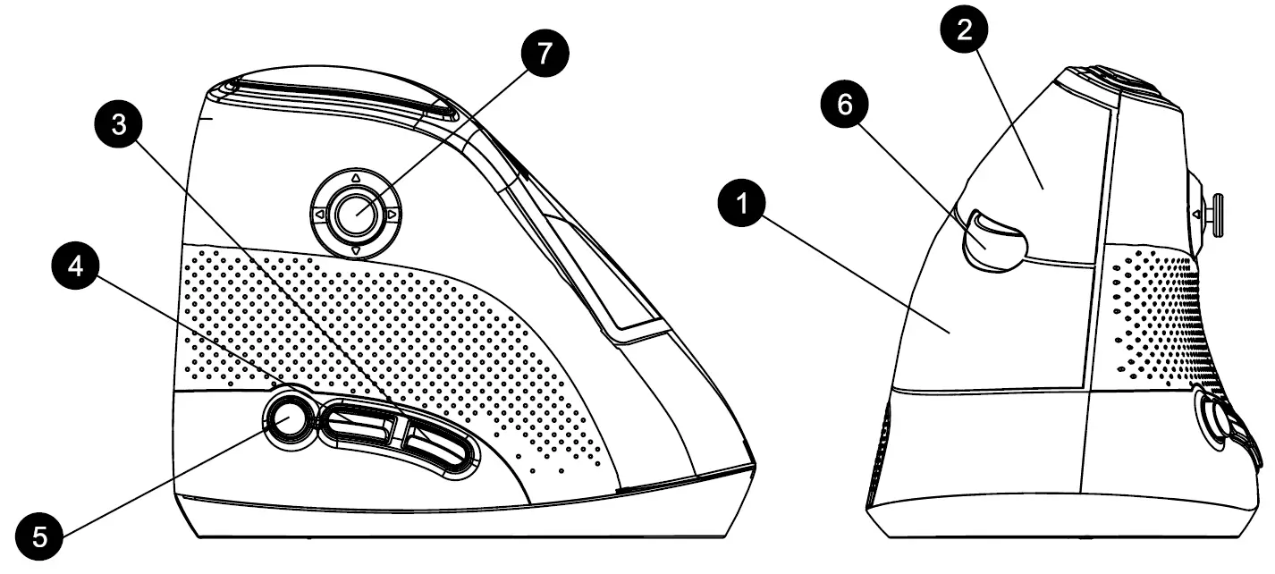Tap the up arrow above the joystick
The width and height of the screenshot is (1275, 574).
[355, 178]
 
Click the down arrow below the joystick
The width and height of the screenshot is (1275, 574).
[355, 251]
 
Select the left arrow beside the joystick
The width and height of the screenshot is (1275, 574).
[319, 215]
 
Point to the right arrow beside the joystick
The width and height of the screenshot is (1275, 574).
[392, 215]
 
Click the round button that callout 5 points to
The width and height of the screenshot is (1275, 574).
[288, 418]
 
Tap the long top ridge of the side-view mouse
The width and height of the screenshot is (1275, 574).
[340, 94]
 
